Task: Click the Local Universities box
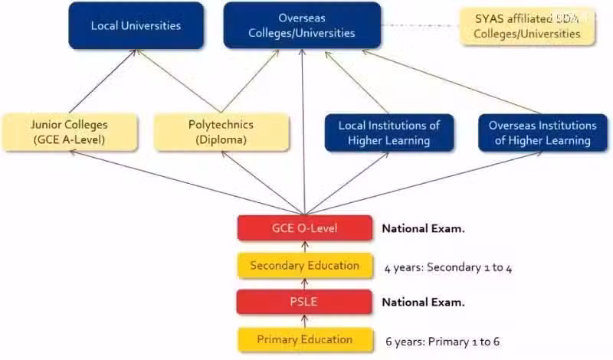click(x=136, y=26)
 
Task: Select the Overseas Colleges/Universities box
click(x=302, y=25)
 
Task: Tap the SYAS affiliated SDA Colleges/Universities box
click(x=527, y=26)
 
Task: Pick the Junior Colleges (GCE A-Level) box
click(x=70, y=132)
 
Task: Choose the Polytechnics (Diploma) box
click(x=221, y=132)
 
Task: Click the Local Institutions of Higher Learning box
click(x=389, y=133)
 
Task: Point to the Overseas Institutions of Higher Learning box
click(x=543, y=133)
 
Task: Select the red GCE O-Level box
click(x=304, y=228)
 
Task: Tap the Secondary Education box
click(x=305, y=266)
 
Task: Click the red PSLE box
click(x=304, y=302)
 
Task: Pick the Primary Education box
click(x=305, y=339)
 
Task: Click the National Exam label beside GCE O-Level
click(x=424, y=229)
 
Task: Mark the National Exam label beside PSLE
click(x=424, y=302)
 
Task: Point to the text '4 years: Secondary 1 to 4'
click(x=448, y=268)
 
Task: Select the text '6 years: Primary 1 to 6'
click(x=442, y=342)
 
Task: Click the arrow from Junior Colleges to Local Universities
click(x=103, y=81)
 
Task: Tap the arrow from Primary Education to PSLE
click(x=305, y=321)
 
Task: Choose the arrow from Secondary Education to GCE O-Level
click(x=305, y=247)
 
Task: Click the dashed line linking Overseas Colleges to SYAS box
click(x=420, y=25)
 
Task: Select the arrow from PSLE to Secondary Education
click(x=305, y=283)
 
